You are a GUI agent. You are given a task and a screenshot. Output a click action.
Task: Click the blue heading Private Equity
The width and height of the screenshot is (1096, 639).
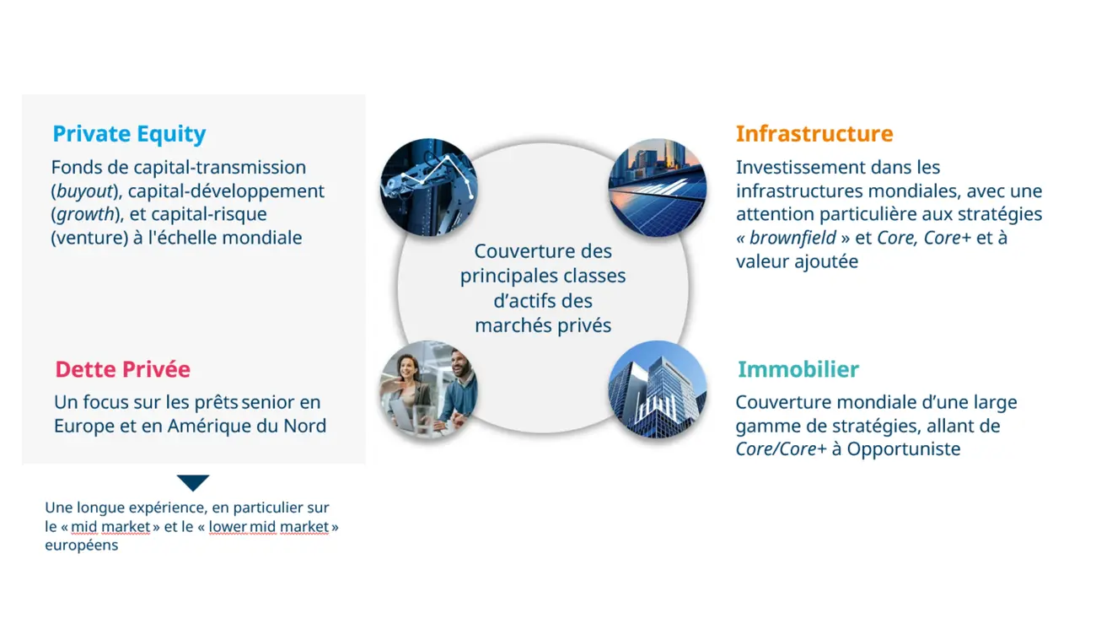click(129, 134)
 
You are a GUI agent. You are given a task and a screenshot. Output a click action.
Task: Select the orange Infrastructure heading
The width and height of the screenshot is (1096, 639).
click(814, 134)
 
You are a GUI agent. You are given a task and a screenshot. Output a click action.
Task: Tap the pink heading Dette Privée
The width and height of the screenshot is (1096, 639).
click(122, 369)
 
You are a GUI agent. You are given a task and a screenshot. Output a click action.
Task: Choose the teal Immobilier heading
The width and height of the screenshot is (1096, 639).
click(798, 369)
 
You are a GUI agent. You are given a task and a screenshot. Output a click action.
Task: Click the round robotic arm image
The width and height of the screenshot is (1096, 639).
click(428, 186)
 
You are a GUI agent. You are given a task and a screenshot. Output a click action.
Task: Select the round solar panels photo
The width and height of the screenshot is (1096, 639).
click(657, 186)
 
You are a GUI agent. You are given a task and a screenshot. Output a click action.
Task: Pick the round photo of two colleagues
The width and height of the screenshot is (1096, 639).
click(428, 389)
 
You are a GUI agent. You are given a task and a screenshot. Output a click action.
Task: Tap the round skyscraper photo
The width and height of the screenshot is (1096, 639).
click(657, 389)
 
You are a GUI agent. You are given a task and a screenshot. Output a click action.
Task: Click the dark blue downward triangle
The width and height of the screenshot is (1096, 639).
click(193, 482)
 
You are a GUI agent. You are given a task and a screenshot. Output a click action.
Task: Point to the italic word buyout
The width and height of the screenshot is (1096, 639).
click(82, 191)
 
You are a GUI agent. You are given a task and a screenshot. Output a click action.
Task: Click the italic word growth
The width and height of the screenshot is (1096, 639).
click(84, 214)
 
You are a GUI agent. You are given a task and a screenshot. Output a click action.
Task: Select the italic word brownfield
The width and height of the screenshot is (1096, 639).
click(792, 238)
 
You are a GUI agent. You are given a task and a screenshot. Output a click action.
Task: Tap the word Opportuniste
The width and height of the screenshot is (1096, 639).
click(903, 448)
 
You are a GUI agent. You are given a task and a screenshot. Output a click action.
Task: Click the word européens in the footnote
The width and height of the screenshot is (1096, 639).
click(81, 545)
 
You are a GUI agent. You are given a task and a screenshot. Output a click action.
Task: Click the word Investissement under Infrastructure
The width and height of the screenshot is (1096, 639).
click(797, 168)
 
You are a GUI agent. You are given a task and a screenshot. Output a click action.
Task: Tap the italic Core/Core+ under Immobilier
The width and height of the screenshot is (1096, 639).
click(781, 448)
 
